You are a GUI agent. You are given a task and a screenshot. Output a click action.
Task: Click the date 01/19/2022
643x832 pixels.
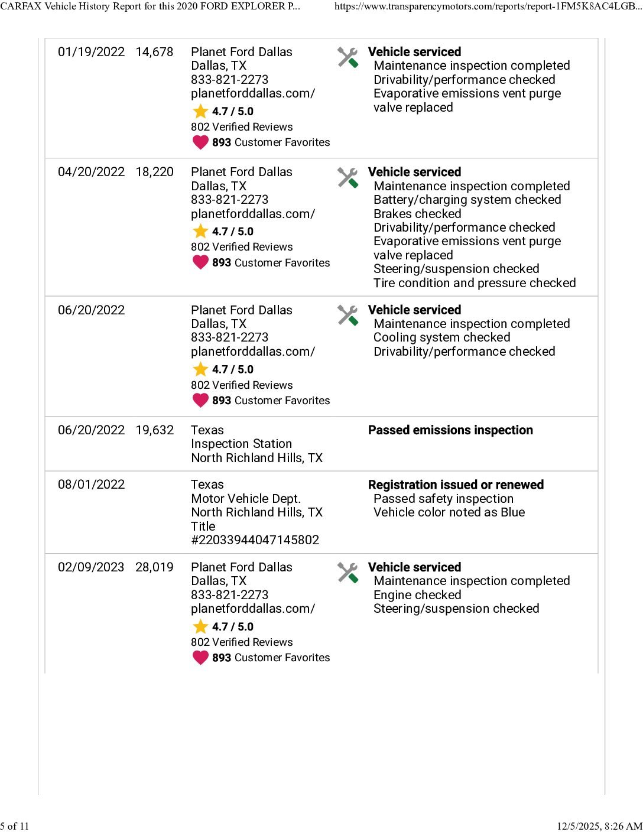pos(91,52)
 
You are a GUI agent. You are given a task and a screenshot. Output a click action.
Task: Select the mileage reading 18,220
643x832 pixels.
pos(154,172)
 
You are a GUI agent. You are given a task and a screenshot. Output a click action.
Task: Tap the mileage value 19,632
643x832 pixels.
pos(154,430)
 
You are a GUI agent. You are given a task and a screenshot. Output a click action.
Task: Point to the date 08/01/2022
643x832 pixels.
pos(91,485)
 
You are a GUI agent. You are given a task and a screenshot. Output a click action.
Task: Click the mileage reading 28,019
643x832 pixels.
pos(154,567)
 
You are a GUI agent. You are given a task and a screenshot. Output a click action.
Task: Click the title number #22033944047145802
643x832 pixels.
pos(255,540)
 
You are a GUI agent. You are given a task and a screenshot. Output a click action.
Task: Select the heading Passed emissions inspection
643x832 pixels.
pos(450,430)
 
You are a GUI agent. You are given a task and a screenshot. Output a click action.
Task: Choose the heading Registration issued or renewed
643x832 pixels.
pos(456,485)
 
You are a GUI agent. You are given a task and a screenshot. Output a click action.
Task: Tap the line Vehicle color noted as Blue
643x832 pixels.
pos(449,512)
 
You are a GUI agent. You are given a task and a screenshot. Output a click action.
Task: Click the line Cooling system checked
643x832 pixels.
pos(441,337)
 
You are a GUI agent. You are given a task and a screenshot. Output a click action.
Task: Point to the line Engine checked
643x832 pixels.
pos(417,595)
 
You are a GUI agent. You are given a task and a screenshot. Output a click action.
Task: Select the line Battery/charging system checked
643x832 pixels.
pos(467,200)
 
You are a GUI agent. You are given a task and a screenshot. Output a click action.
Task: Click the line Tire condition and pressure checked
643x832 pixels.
pos(475,283)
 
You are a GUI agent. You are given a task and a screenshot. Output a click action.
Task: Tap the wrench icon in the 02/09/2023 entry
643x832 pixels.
pos(348,573)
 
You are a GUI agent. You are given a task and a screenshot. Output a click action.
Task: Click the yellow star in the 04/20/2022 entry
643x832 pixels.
pos(200,231)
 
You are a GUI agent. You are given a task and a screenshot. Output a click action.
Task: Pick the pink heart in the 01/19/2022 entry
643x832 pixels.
pos(200,142)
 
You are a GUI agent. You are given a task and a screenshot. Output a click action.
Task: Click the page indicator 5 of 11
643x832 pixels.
pos(15,826)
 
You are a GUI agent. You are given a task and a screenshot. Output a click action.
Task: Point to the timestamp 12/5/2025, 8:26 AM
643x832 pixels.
pos(599,826)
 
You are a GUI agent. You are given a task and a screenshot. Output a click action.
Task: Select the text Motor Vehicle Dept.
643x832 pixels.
pos(246,499)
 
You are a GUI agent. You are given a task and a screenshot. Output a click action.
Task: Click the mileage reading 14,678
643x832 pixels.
pos(154,52)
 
